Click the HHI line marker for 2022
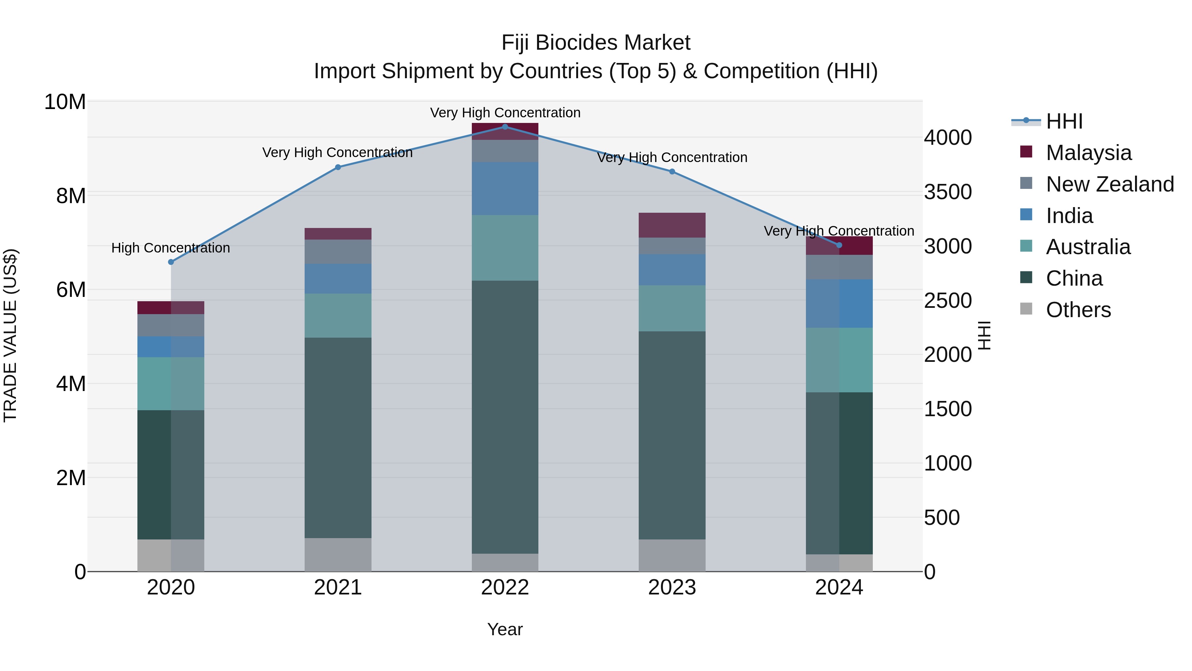[505, 127]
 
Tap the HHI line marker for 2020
[171, 262]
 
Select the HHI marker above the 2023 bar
[672, 172]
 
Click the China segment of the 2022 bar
[505, 417]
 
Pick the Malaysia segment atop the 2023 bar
[672, 225]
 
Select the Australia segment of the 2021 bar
[338, 315]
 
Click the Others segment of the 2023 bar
[672, 555]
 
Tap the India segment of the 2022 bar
[505, 189]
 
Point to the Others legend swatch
[1026, 309]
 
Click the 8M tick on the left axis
[71, 196]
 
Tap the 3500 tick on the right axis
[948, 192]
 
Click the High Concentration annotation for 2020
[171, 248]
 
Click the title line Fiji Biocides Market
[596, 43]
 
